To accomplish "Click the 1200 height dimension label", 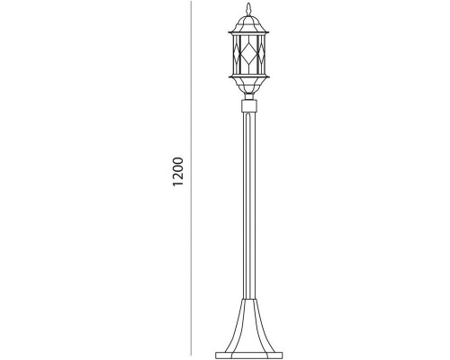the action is (177, 171).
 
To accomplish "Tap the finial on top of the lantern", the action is (248, 9).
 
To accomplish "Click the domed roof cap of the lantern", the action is (248, 23).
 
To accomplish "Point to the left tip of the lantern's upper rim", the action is (229, 32).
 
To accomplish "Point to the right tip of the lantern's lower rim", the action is (269, 77).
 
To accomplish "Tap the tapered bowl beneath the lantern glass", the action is (248, 85).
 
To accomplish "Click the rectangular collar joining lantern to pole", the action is (249, 106).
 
